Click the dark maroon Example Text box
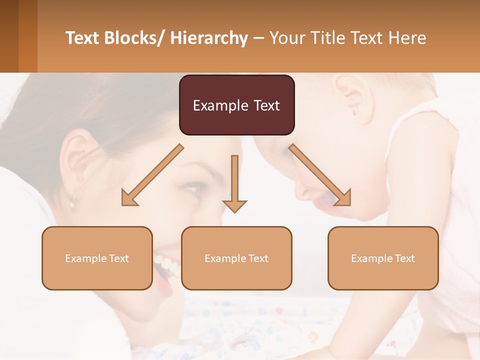point(236,105)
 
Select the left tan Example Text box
point(97,258)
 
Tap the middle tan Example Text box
point(236,258)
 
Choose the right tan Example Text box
point(383,258)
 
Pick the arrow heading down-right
point(320,175)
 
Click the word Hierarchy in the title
point(208,38)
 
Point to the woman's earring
point(72,202)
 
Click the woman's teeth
point(165,264)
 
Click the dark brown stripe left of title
point(9,36)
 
